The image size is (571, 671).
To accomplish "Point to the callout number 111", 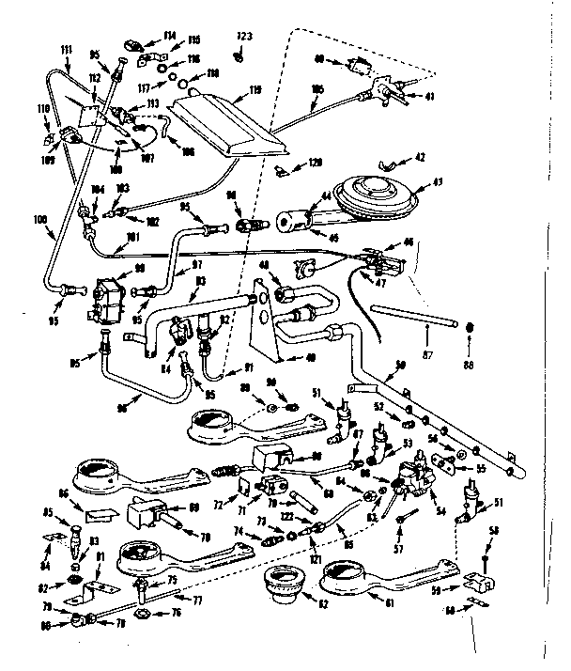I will pyautogui.click(x=67, y=49).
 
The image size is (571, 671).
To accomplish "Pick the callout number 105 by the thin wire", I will pyautogui.click(x=317, y=90).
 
